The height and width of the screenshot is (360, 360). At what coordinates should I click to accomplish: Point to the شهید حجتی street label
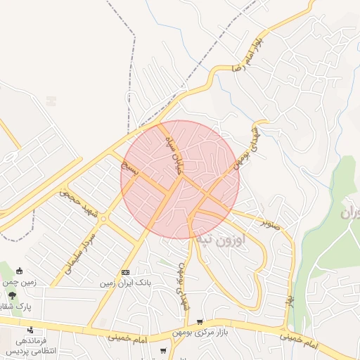[78, 199]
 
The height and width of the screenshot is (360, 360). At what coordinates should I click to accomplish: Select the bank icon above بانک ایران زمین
[126, 272]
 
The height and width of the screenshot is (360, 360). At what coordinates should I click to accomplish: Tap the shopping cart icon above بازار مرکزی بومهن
[200, 321]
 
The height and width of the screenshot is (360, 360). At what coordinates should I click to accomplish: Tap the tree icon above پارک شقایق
[12, 295]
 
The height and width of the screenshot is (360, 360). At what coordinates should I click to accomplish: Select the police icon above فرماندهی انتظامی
[30, 329]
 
